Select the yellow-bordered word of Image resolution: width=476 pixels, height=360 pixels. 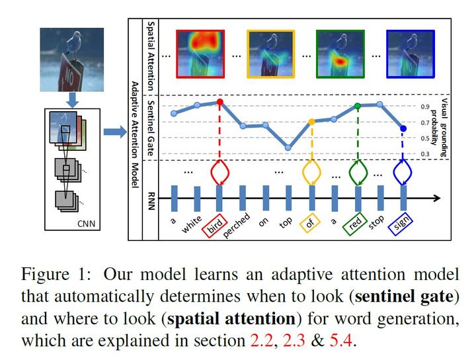(309, 223)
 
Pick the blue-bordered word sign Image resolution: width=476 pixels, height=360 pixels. (401, 223)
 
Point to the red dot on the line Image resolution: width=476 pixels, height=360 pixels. (219, 102)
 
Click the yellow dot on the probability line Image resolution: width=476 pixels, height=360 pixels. (311, 122)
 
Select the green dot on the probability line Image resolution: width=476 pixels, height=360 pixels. (358, 106)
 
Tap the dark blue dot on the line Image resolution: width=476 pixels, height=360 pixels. (403, 128)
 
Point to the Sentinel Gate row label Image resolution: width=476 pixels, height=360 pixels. (151, 127)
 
